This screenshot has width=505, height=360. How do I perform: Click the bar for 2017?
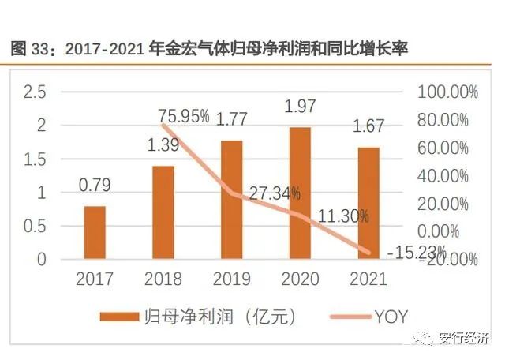[x=94, y=233]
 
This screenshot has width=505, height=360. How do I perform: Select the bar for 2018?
[x=163, y=212]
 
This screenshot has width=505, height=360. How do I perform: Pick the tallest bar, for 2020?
[x=299, y=193]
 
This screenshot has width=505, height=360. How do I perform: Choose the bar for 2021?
[x=368, y=203]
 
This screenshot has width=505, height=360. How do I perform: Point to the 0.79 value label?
[x=95, y=186]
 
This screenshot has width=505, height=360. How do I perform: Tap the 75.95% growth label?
[x=184, y=117]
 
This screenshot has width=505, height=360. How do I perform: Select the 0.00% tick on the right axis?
[x=453, y=231]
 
